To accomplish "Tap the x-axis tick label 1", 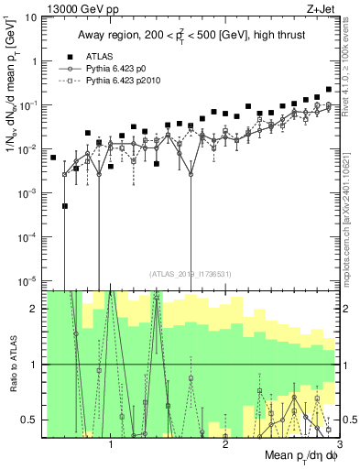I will click(111, 443).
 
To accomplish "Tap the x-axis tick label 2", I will click(225, 443).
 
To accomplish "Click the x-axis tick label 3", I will click(327, 443).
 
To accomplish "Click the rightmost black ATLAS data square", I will click(328, 90).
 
